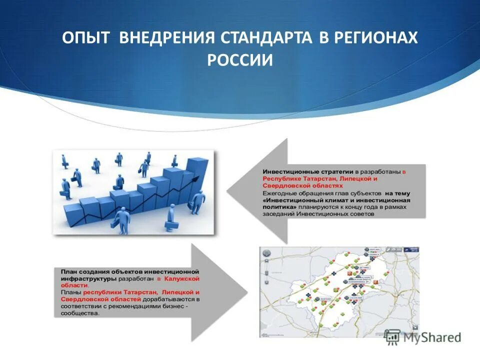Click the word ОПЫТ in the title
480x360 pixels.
coord(86,38)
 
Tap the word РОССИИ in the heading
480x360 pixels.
coord(240,60)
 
